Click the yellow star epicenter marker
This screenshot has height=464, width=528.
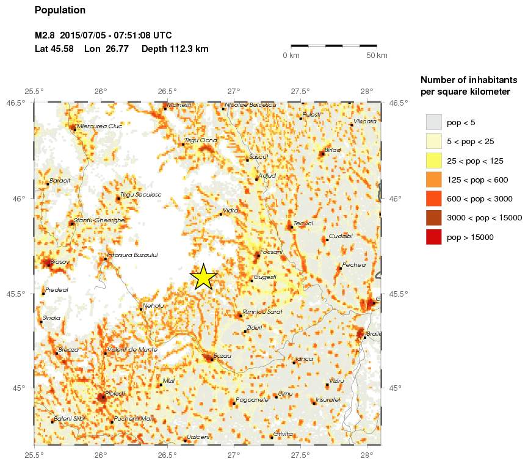click(x=203, y=277)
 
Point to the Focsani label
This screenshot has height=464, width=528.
click(x=271, y=252)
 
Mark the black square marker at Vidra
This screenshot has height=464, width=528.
click(x=221, y=214)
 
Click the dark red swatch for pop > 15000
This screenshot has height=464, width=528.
click(x=433, y=237)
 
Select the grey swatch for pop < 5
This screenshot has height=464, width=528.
click(x=433, y=122)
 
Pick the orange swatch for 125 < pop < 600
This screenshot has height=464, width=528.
click(x=433, y=179)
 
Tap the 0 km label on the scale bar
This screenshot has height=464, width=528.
click(x=291, y=56)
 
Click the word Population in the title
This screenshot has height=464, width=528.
click(x=60, y=10)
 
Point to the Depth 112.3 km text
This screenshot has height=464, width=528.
click(x=175, y=49)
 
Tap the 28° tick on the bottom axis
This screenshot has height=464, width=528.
click(x=367, y=454)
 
